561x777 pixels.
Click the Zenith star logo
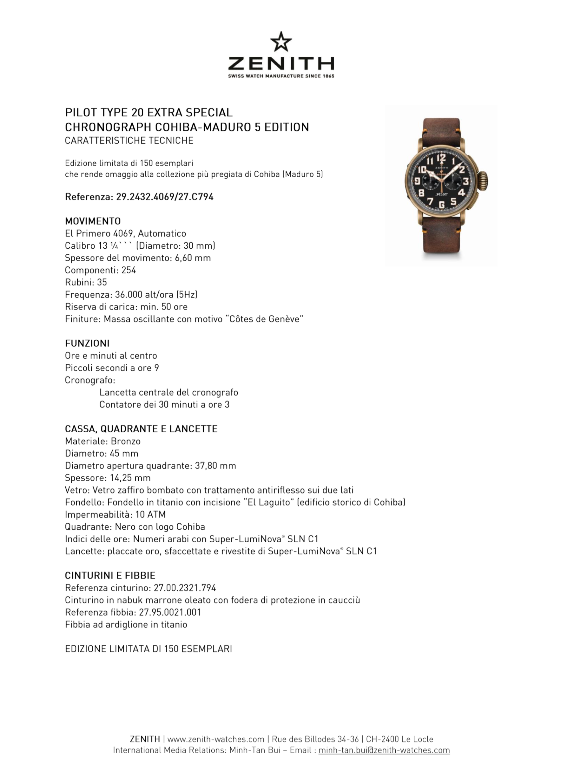pos(281,42)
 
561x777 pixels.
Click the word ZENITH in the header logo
pos(281,64)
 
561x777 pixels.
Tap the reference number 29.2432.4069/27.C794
pos(164,197)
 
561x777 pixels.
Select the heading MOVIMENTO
pos(93,221)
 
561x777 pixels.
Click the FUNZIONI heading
pos(87,343)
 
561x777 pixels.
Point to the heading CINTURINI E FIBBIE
pos(110,575)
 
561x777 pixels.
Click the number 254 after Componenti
pos(129,270)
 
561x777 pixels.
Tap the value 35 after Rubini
pos(102,282)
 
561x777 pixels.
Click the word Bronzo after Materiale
pos(125,441)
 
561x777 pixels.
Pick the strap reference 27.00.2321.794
pos(185,588)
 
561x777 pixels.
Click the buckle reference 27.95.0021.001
pos(170,612)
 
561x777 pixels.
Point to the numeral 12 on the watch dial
pos(441,157)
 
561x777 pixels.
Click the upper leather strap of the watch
pos(441,127)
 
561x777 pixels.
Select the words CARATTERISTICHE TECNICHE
pos(129,140)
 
